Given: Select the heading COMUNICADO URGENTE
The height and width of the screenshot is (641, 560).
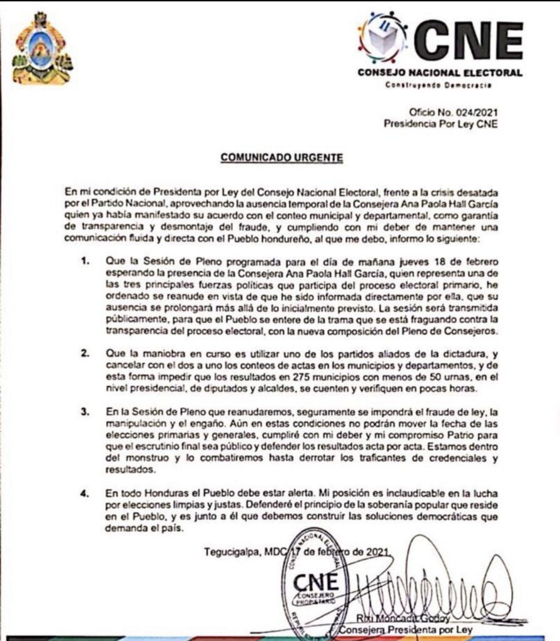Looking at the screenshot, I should pos(282,158).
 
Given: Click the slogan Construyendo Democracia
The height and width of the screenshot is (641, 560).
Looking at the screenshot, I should pos(438,85).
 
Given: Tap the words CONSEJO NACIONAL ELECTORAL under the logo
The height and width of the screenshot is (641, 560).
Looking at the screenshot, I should pos(440,73).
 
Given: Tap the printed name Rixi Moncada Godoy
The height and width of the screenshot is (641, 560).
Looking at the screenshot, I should pos(395,618).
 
